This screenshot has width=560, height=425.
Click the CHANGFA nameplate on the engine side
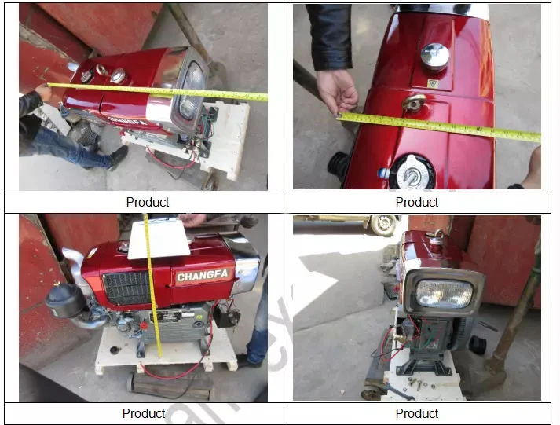(x=203, y=277)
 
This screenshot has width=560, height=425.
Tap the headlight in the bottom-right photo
(x=444, y=294)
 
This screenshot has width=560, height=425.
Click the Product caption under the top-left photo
(x=148, y=202)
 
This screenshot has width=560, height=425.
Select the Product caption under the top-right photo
(x=417, y=202)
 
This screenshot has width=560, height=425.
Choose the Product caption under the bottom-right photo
(x=417, y=413)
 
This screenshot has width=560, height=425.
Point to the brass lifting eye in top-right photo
(x=414, y=103)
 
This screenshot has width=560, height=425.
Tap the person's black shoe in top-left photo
(x=118, y=157)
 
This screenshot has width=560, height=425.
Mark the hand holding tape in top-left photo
(x=42, y=93)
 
